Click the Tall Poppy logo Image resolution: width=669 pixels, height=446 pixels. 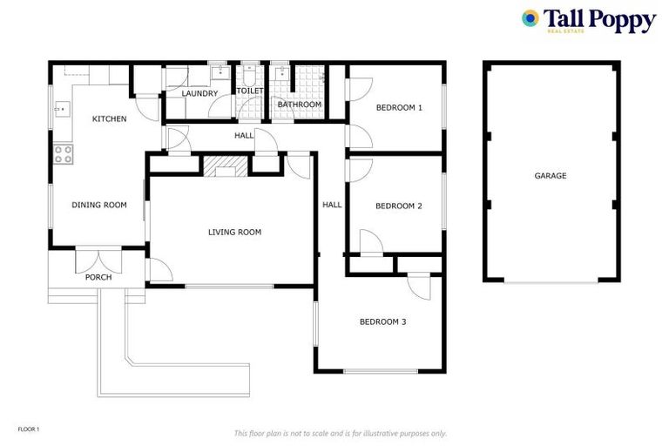pos(588,21)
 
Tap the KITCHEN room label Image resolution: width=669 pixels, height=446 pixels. pos(110,118)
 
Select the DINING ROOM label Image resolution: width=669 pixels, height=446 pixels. pos(98,206)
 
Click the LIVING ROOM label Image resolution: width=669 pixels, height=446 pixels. pos(234,233)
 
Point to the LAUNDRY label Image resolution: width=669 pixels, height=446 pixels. pos(199,93)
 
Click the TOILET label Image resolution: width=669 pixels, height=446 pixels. pos(249,91)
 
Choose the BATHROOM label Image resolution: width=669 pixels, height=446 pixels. pos(299,105)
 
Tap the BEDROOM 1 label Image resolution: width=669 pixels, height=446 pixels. pos(398,108)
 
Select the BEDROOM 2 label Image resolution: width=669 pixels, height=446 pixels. pos(398,206)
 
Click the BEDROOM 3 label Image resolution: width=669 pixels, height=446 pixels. pos(382,322)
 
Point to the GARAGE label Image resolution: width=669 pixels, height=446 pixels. pos(551,176)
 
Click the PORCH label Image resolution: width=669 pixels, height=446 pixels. pos(98,278)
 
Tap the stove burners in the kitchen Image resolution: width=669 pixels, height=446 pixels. pos(64,154)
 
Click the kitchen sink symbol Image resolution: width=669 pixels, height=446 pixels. pos(61,110)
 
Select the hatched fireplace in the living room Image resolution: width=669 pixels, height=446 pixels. pos(225,166)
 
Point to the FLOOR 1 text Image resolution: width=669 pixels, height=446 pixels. pos(29,429)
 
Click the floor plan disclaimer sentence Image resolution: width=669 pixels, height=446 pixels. pos(340,433)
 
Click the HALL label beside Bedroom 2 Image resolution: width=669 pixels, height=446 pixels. pos(332,206)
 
